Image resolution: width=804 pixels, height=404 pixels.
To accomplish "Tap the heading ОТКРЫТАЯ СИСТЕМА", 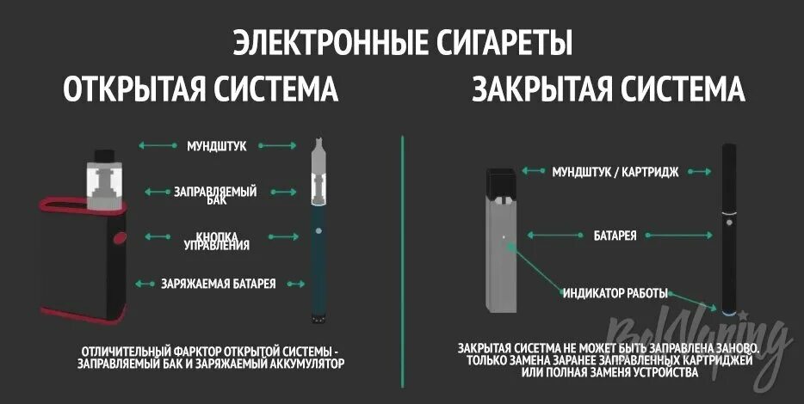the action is [x=201, y=90].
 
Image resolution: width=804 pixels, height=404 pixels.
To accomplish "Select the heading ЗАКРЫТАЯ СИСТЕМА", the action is [x=609, y=90].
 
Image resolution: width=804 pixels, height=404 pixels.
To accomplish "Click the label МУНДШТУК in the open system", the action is [x=217, y=146].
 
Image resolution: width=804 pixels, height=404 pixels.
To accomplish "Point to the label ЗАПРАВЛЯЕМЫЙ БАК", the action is [x=215, y=195].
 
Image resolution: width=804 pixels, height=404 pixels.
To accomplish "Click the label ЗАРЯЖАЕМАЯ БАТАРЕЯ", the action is [x=219, y=283].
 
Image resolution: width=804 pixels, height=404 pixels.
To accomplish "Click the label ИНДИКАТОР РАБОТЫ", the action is [x=615, y=292].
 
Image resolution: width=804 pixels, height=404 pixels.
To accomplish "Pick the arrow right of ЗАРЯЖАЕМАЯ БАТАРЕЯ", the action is [x=296, y=283].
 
